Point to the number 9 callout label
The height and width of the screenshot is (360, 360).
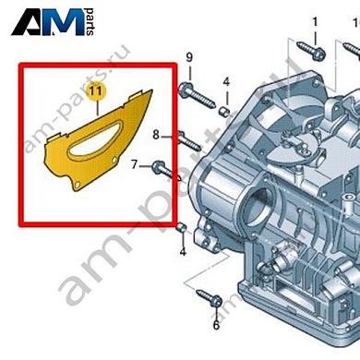[x=190, y=61]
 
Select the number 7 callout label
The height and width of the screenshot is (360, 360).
[x=136, y=165]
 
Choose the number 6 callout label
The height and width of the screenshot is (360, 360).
[x=216, y=326]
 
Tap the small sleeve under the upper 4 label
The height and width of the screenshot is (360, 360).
[x=224, y=112]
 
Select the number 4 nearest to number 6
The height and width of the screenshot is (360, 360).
[x=183, y=251]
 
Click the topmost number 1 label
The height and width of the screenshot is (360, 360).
[x=313, y=21]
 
